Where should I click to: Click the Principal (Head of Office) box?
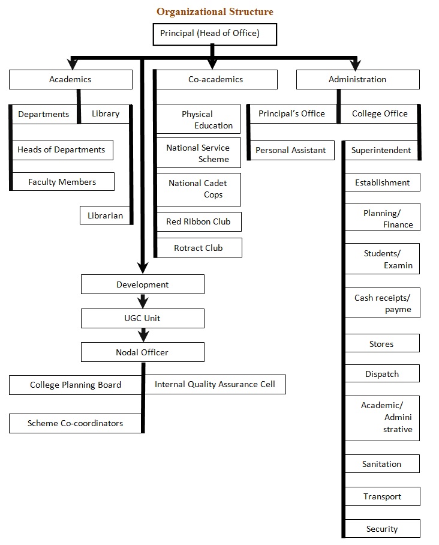(x=209, y=34)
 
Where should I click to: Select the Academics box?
(x=70, y=79)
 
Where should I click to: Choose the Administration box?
(x=357, y=79)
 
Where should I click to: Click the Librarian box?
(x=106, y=215)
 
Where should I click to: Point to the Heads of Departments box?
(x=62, y=150)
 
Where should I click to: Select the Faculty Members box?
(x=62, y=182)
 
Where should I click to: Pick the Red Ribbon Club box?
(x=199, y=221)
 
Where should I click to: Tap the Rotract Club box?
(x=199, y=248)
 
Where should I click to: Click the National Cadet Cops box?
(x=198, y=189)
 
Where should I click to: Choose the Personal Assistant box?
(x=291, y=150)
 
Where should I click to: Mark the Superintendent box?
(x=381, y=150)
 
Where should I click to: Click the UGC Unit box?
(x=143, y=318)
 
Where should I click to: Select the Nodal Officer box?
(x=142, y=352)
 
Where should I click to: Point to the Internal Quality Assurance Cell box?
(x=215, y=384)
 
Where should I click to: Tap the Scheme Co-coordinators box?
(x=76, y=423)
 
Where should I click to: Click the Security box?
(x=382, y=529)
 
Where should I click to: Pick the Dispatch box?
(x=382, y=374)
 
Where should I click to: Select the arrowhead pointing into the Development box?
(x=143, y=268)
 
